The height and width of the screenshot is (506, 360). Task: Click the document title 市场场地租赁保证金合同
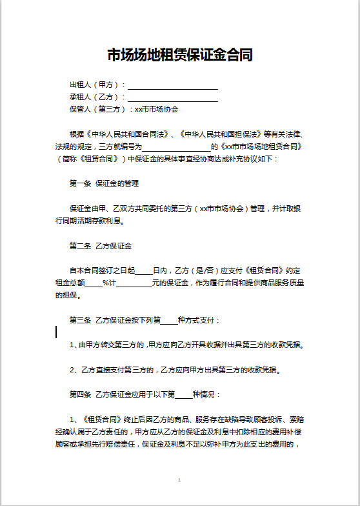point(179,56)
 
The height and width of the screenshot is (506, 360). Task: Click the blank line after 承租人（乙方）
point(173,98)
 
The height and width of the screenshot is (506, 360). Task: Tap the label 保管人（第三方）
point(97,110)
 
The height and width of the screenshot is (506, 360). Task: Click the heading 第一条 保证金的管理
point(104,184)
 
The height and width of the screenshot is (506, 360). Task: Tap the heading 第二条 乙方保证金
point(101,246)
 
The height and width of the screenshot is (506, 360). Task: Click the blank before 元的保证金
point(135,283)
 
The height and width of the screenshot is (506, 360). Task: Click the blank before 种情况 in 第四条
point(184,394)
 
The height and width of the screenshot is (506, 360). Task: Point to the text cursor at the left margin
point(56,332)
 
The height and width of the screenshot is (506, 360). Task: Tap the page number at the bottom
point(179,481)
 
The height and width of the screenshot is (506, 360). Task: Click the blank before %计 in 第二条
point(94,283)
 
